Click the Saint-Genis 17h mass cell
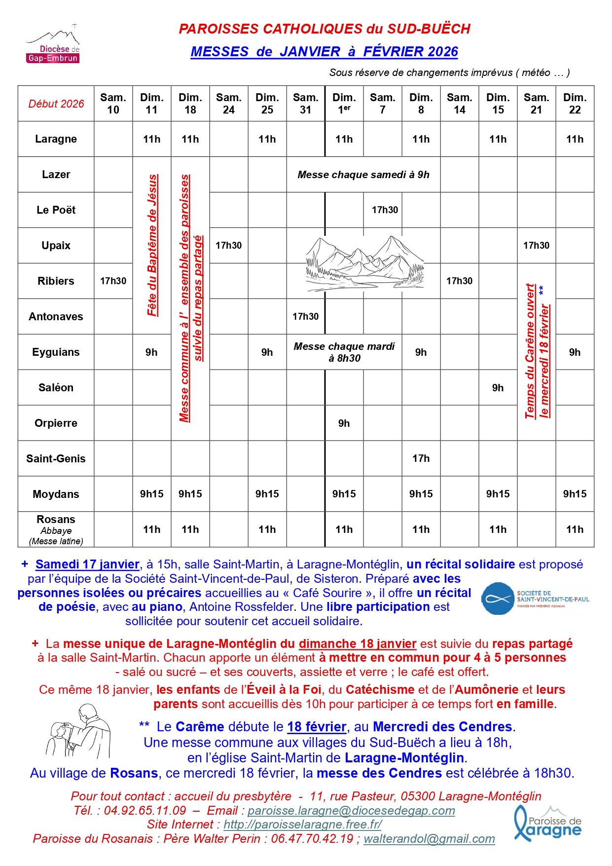pos(421,458)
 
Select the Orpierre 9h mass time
pos(344,423)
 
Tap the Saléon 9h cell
pos(498,387)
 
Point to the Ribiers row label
pos(56,281)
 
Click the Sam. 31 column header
pos(305,104)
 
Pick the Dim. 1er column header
pos(344,104)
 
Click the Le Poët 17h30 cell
pos(385,210)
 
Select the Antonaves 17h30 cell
pos(305,316)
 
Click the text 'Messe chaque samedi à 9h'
pos(363,175)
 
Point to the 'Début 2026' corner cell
pos(56,104)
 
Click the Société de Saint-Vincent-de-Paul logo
pos(535,599)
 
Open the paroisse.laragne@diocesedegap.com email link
pos(351,811)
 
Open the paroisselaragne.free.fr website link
pos(302,825)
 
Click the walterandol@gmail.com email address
pos(429,839)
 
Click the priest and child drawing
pos(79,732)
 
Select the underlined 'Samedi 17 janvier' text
pos(87,564)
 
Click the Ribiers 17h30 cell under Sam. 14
pos(459,281)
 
